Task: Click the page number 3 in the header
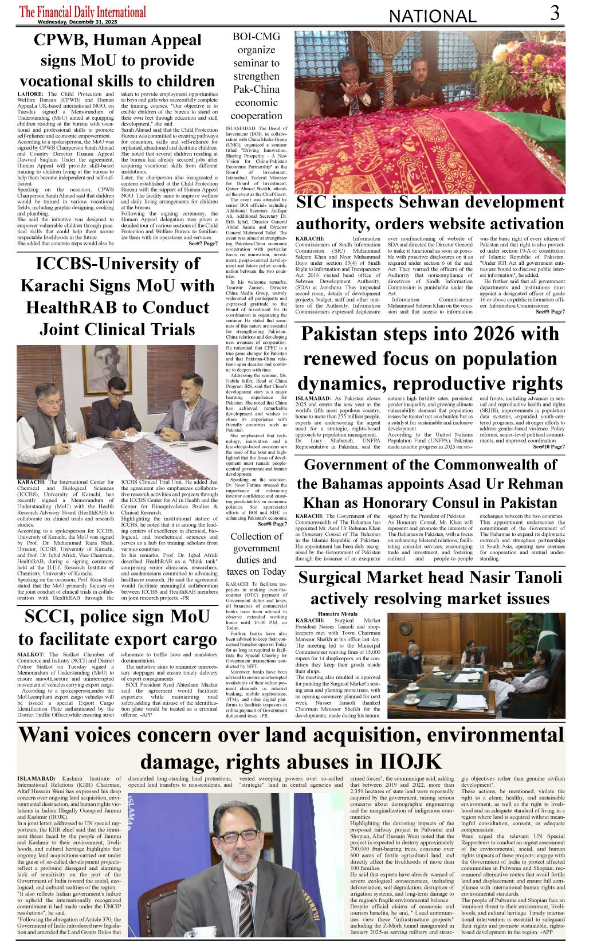click(x=554, y=13)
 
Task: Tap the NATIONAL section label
click(x=432, y=17)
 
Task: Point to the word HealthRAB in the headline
click(x=72, y=308)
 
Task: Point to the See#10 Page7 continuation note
click(x=548, y=446)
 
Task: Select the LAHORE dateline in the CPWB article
click(x=30, y=94)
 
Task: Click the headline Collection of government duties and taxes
click(x=256, y=554)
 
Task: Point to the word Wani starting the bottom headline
click(x=48, y=735)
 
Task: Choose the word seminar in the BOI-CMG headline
click(x=247, y=63)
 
